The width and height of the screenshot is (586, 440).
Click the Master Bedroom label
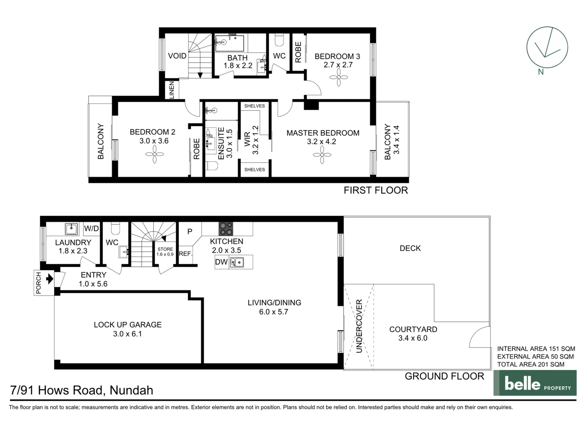click(x=323, y=133)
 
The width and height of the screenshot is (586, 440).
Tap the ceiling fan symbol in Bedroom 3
click(x=339, y=77)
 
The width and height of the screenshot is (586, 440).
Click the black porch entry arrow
click(x=50, y=279)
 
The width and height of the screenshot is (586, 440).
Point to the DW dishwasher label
click(x=221, y=262)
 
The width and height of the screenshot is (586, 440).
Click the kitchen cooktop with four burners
click(x=226, y=229)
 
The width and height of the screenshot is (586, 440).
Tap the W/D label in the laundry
click(x=92, y=229)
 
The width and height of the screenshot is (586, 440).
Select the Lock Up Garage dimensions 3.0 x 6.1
click(x=127, y=334)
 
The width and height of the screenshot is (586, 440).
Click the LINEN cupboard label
click(x=171, y=90)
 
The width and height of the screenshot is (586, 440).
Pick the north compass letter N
click(x=541, y=72)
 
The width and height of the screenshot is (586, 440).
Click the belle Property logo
click(x=535, y=383)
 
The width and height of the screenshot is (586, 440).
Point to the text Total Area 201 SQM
click(x=531, y=364)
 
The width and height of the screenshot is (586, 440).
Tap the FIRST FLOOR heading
click(x=376, y=190)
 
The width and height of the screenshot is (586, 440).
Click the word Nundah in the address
click(x=131, y=390)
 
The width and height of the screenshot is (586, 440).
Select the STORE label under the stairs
click(x=165, y=249)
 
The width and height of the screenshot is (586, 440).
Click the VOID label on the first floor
click(x=177, y=56)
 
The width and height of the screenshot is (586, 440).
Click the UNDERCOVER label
click(x=359, y=326)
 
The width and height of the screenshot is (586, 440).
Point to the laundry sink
click(x=72, y=229)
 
